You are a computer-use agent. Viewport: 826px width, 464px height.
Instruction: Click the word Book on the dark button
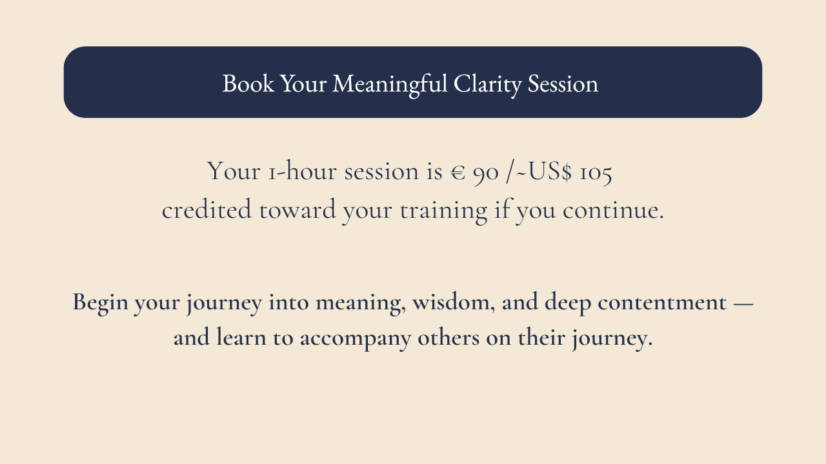248,83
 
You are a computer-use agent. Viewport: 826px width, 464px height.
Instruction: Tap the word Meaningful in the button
390,84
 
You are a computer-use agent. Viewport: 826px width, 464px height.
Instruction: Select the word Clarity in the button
487,84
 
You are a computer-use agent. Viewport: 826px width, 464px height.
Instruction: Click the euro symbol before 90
458,172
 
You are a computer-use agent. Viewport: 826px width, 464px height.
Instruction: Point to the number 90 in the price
486,173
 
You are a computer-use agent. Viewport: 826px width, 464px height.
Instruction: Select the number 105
596,173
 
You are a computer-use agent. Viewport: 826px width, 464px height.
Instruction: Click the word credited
207,209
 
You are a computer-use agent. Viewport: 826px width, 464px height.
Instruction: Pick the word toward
298,209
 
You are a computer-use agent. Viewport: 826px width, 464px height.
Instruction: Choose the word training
443,211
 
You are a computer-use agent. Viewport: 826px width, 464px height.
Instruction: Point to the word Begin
100,304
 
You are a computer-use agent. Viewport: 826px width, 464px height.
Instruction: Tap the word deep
568,304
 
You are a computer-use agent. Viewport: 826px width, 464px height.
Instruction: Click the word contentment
662,303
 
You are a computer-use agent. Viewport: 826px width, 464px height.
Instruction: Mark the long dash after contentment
743,304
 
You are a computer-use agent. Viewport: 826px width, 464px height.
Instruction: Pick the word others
448,337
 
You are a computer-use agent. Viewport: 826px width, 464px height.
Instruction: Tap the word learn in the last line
241,337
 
